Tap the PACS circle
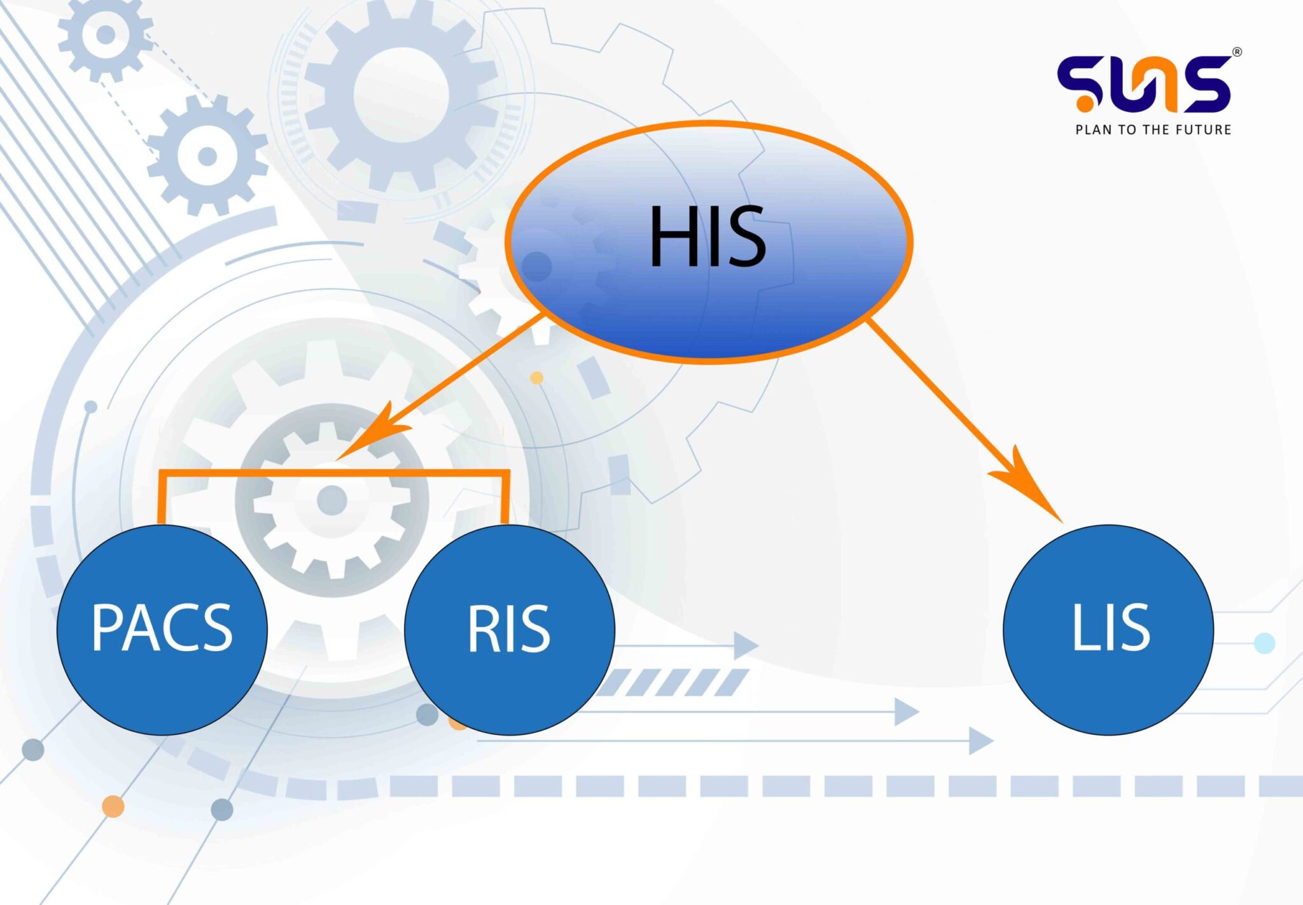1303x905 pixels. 162,629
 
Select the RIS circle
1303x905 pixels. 509,629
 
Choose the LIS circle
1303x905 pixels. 1108,629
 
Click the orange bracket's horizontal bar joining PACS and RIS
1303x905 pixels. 334,474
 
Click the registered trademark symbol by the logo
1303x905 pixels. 1236,53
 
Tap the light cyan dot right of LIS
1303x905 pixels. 1264,643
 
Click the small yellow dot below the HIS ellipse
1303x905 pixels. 536,378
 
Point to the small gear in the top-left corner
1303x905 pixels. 106,35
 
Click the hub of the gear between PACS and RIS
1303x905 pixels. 331,500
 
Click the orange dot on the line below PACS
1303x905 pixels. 113,806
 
